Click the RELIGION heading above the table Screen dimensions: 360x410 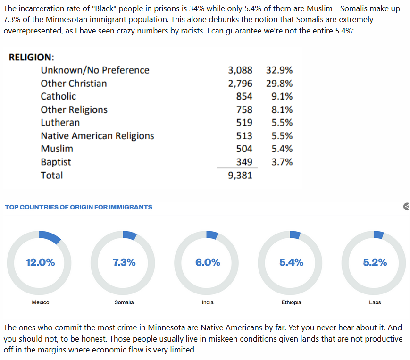point(32,57)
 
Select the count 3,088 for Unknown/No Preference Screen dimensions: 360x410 point(240,70)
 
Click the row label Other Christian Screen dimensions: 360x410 point(74,84)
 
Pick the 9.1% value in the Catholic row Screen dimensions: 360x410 point(282,96)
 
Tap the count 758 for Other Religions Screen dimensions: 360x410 point(244,109)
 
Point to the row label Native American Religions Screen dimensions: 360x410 point(97,136)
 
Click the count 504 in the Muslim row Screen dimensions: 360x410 point(244,149)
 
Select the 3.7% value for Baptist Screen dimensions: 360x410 point(282,162)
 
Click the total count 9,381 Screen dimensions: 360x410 point(240,176)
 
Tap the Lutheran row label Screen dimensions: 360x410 point(60,123)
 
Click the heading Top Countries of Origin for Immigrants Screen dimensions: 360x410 point(78,207)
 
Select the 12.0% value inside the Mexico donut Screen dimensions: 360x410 point(40,262)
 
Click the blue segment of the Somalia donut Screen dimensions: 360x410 point(130,234)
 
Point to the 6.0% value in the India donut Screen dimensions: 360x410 point(208,262)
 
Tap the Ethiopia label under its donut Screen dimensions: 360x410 point(291,302)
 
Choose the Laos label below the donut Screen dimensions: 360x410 point(375,302)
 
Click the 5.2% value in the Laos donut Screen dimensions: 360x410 point(375,262)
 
